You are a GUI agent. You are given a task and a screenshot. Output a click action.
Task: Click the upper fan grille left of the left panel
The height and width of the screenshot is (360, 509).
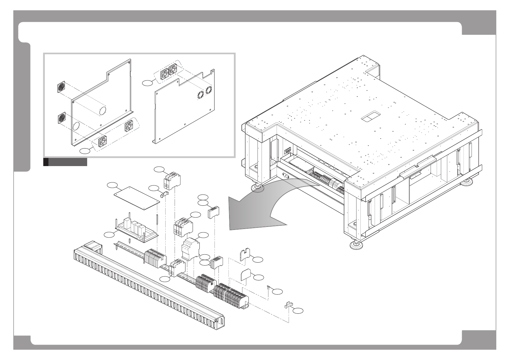coord(61,87)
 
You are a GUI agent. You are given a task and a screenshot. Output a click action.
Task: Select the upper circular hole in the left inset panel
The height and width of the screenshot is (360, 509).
coord(103,111)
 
